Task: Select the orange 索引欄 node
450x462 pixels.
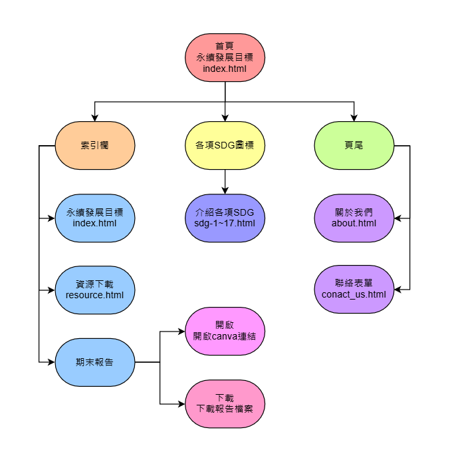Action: [95, 145]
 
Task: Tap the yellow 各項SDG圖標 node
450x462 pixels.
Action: [225, 145]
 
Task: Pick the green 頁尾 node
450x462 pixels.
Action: [354, 145]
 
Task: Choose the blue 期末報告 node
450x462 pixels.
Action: [95, 362]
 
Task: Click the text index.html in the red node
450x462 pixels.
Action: [225, 68]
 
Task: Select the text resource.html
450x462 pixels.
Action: [95, 295]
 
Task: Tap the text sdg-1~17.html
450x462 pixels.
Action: [225, 223]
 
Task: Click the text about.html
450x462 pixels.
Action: [354, 223]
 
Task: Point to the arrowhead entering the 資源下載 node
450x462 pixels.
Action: [51, 290]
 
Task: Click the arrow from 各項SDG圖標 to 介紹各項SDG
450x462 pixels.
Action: [225, 181]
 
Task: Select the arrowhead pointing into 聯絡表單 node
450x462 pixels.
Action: [398, 290]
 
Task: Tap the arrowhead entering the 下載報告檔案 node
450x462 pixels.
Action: [181, 403]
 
